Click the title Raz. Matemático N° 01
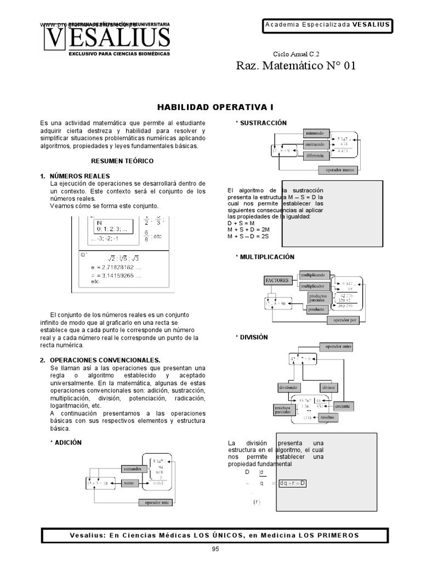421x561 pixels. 295,66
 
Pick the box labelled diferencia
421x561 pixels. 315,155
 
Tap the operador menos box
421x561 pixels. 340,170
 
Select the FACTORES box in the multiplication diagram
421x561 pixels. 277,280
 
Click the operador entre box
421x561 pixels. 339,347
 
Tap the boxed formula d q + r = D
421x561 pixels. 292,483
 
